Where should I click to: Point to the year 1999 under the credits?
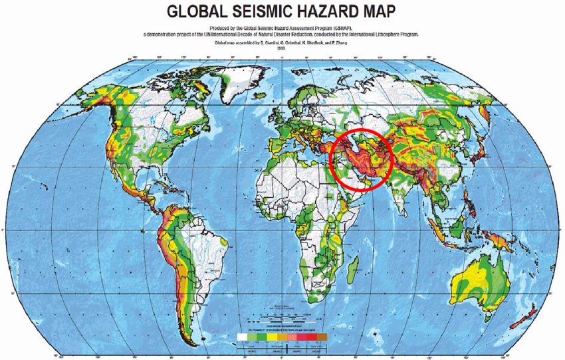[282, 48]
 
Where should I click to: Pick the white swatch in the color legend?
[243, 335]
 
